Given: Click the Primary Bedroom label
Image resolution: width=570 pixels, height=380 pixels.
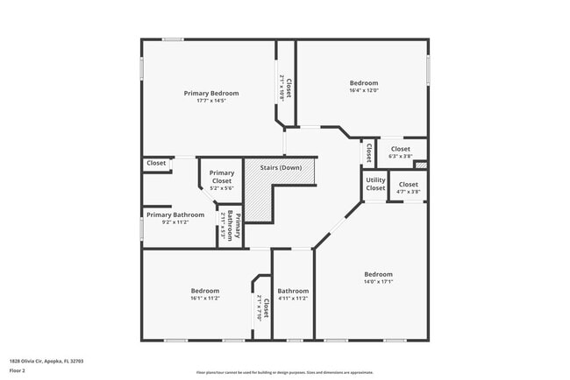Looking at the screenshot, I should pos(210,93).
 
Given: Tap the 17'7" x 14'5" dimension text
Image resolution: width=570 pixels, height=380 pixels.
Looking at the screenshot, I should pos(210,101).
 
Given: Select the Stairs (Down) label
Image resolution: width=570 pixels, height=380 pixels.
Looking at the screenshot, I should pos(280,167).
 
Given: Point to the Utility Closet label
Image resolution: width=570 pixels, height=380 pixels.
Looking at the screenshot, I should pos(375,184).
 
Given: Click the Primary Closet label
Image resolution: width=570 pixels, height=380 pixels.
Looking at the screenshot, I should pos(222,176).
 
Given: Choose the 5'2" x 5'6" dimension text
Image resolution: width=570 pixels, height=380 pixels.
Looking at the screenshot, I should pos(222,187).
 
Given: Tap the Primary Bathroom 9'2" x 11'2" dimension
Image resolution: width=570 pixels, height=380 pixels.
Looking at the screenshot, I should pos(175,222).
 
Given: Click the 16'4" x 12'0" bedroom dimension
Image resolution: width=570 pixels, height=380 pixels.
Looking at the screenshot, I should pos(363,90).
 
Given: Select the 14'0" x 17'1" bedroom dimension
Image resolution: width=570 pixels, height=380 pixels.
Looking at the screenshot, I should pos(378,281).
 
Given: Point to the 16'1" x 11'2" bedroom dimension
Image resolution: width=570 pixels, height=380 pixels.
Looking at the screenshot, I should pos(205,298).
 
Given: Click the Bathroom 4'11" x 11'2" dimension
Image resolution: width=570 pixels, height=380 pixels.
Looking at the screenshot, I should pos(293,298).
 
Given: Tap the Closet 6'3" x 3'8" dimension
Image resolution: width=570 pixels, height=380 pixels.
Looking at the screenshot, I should pos(400,156).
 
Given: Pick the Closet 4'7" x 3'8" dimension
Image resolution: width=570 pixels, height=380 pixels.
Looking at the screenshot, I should pos(409,191).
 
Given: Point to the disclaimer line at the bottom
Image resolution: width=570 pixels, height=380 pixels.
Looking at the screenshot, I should pos(284,372).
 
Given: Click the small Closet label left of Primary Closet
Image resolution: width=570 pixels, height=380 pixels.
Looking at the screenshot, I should pos(156,163).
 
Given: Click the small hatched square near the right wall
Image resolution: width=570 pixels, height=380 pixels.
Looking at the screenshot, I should pos(421,165).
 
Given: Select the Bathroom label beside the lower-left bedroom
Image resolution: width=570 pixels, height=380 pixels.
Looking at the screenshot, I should pos(293,291).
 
